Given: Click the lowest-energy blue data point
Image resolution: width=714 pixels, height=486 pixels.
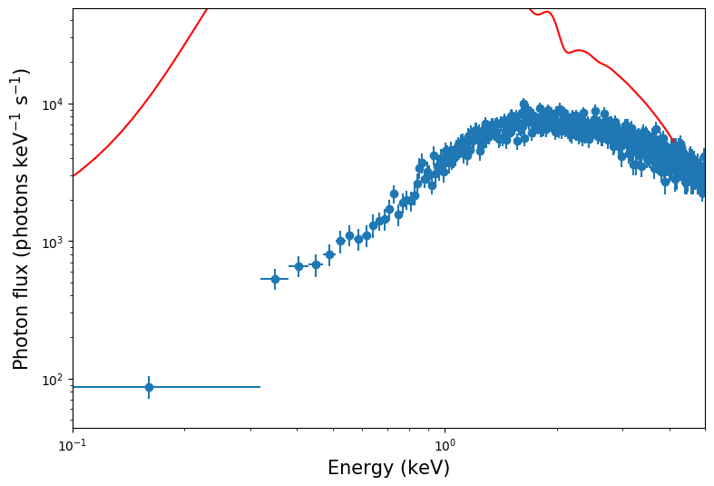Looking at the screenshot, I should click(149, 387).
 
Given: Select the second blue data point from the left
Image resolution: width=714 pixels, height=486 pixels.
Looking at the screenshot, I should click(275, 279).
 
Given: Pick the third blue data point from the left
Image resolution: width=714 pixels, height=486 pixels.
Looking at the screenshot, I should click(298, 266).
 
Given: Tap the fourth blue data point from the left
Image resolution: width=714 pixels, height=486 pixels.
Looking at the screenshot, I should click(316, 264).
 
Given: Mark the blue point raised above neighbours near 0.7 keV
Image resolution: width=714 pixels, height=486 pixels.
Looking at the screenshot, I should click(394, 193).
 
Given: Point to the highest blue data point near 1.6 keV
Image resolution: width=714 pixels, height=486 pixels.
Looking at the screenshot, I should click(523, 104).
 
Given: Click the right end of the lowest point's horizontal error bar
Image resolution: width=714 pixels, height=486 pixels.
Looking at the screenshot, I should click(260, 387).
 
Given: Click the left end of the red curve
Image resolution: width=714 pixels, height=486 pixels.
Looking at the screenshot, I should click(73, 175).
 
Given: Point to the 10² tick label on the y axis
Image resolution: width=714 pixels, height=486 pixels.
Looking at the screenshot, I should click(53, 380).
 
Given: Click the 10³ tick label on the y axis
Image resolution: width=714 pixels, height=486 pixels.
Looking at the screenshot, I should click(53, 242).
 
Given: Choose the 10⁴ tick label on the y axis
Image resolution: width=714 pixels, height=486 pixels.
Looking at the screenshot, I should click(53, 104).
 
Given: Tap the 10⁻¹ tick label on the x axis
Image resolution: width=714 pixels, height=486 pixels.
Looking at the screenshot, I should click(73, 444).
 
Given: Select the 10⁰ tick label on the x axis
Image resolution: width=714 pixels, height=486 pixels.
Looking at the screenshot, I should click(445, 444).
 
